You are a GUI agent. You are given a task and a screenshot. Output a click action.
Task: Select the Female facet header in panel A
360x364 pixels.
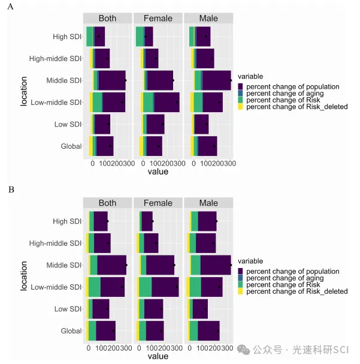click(x=158, y=18)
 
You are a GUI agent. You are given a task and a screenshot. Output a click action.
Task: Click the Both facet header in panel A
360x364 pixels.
click(x=107, y=18)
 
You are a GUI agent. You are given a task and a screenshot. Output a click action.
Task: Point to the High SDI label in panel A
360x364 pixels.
click(x=67, y=37)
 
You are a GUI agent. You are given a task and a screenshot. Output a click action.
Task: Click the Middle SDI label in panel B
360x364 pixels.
click(x=63, y=265)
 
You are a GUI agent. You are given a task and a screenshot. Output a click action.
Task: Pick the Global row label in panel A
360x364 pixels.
click(x=71, y=146)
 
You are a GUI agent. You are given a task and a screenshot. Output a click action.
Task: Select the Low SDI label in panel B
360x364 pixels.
click(x=68, y=309)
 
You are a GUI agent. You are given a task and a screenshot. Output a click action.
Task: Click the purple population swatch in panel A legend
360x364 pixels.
click(x=241, y=87)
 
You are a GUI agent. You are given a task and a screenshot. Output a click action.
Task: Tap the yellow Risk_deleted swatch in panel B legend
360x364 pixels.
click(x=241, y=291)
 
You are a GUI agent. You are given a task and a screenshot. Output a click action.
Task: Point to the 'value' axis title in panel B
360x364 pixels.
click(x=158, y=356)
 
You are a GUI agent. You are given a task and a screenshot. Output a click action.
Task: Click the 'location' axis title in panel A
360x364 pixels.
click(x=24, y=91)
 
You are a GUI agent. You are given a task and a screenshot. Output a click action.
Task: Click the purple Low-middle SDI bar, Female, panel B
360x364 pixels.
click(x=165, y=287)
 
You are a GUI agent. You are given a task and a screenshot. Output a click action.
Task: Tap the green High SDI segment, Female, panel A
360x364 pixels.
click(x=140, y=37)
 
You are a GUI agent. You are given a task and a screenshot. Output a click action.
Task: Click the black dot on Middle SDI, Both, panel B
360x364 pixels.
click(x=126, y=265)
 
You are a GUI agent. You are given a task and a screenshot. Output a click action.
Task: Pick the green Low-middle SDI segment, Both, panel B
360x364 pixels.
click(x=94, y=287)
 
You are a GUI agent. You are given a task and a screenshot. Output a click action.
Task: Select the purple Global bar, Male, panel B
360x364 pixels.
click(x=208, y=331)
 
